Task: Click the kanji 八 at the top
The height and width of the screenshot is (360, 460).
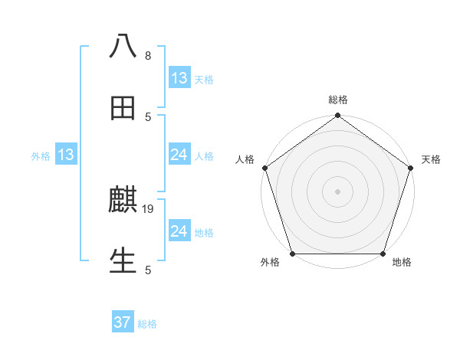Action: (x=123, y=47)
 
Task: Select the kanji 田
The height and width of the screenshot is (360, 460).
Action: (x=123, y=108)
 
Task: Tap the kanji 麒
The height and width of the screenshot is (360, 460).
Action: (x=123, y=201)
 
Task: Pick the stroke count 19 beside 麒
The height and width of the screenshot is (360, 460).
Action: (x=149, y=208)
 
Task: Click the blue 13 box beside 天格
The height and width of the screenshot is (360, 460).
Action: (x=179, y=77)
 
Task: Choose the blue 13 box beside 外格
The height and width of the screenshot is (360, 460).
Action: (x=66, y=155)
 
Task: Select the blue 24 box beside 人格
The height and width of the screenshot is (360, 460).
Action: (x=179, y=155)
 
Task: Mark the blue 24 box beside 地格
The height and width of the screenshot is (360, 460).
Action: (x=179, y=231)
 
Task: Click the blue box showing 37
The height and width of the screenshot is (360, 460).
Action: (x=123, y=322)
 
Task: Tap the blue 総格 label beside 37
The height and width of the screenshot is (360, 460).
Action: (x=147, y=324)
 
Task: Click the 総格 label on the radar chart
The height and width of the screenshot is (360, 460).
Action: (x=338, y=100)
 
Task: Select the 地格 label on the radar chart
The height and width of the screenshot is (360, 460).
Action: (x=402, y=263)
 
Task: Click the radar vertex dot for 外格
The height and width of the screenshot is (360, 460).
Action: (x=292, y=254)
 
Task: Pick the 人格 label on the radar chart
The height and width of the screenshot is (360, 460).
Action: (x=245, y=159)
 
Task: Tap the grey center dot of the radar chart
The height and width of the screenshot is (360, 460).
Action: (x=337, y=191)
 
